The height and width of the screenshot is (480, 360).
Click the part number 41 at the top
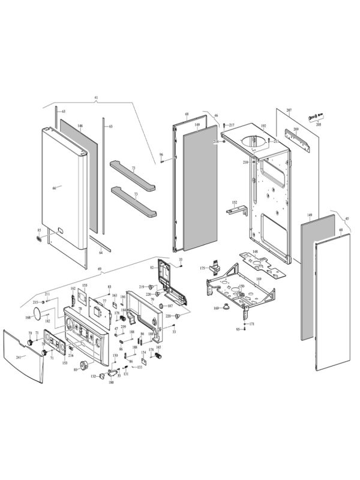point(95,97)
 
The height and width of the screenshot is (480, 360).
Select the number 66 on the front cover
point(53,188)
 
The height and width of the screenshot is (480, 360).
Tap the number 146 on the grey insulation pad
point(80,127)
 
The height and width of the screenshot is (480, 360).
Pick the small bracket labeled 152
point(236,210)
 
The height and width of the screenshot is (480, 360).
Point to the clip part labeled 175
point(213,268)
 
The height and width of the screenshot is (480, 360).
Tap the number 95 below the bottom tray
point(238,329)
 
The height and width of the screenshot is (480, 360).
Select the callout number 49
point(98,269)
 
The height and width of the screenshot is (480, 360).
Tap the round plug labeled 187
point(161,306)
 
